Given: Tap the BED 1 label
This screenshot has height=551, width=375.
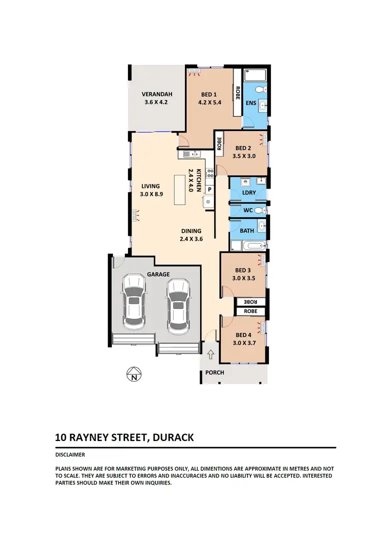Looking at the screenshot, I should click(209, 94).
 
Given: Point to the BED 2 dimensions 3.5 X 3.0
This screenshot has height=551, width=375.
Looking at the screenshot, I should click(245, 156).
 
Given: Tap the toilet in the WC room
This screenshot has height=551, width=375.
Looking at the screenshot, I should click(259, 210).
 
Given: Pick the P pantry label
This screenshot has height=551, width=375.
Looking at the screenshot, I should click(209, 189).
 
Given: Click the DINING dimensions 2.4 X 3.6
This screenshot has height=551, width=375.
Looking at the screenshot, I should click(191, 239).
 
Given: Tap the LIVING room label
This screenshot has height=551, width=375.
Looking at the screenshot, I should click(150, 186).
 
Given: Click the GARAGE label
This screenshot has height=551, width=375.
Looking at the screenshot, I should click(158, 274).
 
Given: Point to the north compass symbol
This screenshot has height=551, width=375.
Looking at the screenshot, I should click(133, 374).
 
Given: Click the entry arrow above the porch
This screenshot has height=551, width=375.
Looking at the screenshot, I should click(210, 355).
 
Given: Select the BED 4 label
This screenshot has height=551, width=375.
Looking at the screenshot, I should click(243, 335).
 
